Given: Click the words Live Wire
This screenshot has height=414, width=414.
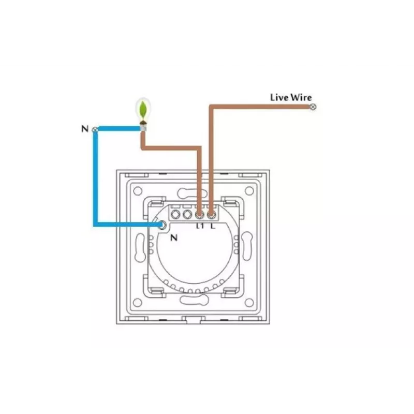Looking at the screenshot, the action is [x=291, y=97].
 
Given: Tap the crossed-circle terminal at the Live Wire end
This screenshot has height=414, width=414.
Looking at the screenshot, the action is [x=313, y=107].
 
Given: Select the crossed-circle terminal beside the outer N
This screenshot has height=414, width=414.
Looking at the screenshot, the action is [x=95, y=130].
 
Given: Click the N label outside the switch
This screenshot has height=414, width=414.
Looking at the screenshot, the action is [x=85, y=128].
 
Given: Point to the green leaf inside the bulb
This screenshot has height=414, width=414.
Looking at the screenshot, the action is [x=143, y=110].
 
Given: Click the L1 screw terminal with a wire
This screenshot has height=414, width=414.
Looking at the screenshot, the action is [x=199, y=215].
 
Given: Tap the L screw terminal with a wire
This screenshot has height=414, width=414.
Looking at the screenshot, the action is [x=211, y=215].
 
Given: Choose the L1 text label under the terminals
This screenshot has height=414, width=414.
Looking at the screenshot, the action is [x=200, y=226].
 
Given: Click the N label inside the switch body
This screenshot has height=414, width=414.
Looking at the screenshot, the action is [x=174, y=238].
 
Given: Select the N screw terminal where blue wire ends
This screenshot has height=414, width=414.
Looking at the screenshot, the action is [x=162, y=225].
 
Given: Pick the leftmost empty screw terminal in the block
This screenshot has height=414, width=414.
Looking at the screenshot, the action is [x=175, y=214].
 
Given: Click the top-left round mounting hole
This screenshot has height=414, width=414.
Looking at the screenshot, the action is [x=138, y=191].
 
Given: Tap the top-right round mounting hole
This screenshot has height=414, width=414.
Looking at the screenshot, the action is [x=249, y=190].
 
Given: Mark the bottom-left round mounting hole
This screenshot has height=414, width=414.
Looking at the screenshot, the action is [x=138, y=303].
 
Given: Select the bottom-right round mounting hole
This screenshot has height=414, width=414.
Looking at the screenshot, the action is [x=249, y=303].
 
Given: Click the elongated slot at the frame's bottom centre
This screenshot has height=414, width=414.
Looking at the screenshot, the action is [x=195, y=300].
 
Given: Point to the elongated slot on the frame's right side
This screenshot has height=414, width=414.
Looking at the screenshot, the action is [x=247, y=246].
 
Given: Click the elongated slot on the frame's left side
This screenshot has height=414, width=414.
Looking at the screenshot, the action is [x=140, y=248].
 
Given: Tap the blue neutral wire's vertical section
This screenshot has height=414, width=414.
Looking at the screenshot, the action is [x=95, y=178].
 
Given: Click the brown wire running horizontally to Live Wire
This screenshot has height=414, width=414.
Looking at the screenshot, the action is [x=261, y=107].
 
